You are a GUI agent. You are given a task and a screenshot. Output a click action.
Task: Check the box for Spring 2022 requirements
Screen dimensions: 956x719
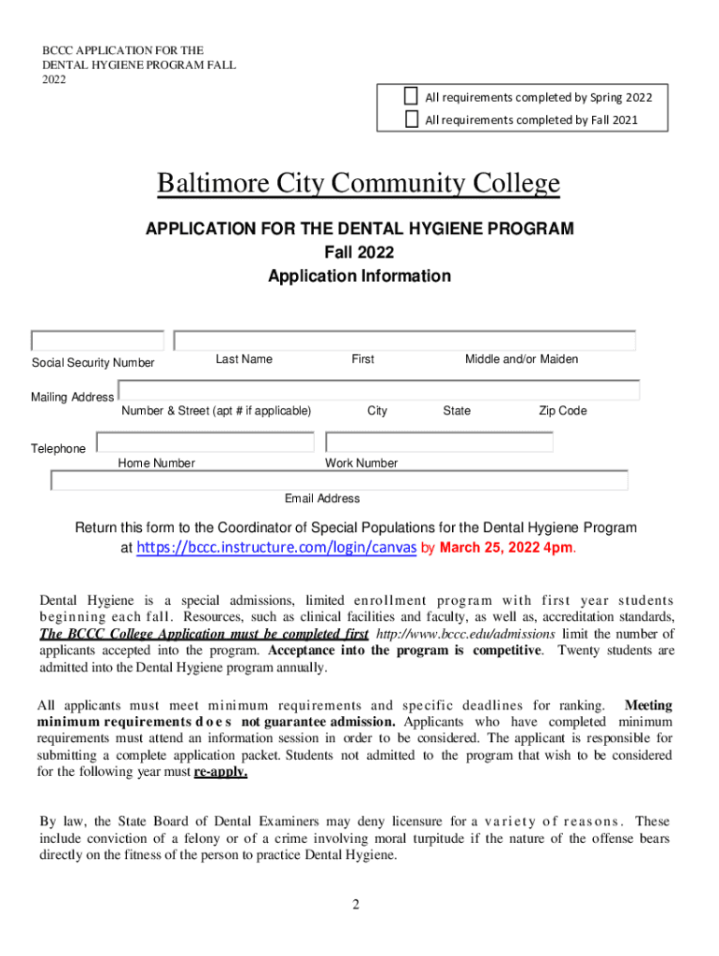[x=412, y=96]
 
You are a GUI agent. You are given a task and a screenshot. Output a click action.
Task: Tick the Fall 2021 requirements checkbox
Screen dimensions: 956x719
[x=412, y=119]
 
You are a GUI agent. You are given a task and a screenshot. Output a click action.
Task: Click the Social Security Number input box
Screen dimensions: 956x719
[x=97, y=341]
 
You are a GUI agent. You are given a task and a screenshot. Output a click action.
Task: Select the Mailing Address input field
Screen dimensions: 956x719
[x=378, y=390]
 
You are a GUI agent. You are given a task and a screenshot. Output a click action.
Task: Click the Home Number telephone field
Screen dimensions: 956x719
[x=204, y=442]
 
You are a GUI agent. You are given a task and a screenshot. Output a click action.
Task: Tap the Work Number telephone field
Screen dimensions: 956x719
[x=439, y=442]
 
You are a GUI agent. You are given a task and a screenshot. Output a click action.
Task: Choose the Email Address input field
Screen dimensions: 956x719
[x=339, y=480]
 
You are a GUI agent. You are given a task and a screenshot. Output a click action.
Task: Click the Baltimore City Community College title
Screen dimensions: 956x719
[x=359, y=184]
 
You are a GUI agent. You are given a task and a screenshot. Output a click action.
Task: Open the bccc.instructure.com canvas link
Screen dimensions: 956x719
[x=276, y=548]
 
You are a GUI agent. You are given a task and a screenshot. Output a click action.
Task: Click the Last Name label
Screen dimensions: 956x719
[x=244, y=359]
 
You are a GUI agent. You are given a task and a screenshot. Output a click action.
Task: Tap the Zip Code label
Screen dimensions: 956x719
[x=562, y=411]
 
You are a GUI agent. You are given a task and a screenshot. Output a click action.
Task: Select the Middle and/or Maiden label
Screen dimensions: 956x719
[x=521, y=359]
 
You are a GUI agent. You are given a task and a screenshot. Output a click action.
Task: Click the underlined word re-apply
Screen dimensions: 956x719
[x=220, y=773]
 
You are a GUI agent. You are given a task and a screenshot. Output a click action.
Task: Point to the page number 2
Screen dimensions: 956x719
[x=356, y=905]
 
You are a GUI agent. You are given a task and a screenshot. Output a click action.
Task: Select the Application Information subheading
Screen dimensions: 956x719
[x=359, y=276]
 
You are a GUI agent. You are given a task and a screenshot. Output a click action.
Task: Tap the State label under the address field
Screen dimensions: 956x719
[x=457, y=411]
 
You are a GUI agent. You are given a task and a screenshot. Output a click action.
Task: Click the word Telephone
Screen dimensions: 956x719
[x=58, y=449]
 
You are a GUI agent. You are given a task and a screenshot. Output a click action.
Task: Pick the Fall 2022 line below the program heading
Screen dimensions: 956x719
[x=359, y=252]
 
